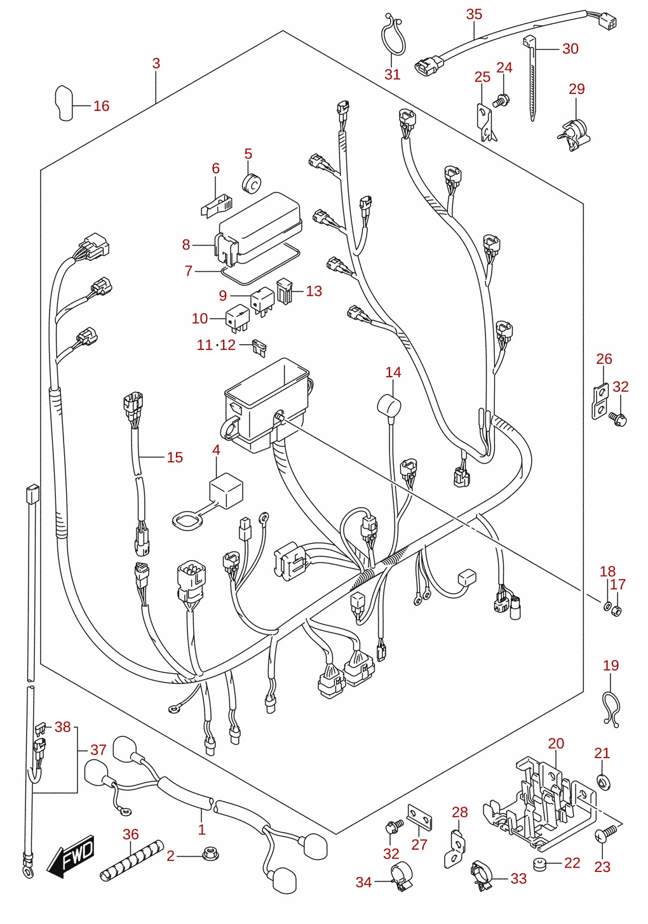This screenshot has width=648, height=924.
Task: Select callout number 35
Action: click(x=474, y=15)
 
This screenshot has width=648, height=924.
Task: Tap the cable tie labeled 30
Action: click(x=530, y=78)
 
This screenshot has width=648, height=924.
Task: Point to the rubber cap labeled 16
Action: click(x=64, y=103)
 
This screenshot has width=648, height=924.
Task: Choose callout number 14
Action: click(x=393, y=373)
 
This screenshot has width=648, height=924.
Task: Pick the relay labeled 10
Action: click(x=238, y=318)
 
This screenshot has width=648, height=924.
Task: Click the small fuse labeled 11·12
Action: click(x=259, y=347)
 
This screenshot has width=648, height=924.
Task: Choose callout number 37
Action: click(x=98, y=749)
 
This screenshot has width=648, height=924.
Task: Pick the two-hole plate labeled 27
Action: click(x=420, y=817)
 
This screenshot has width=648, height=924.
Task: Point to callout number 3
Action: click(x=156, y=64)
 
